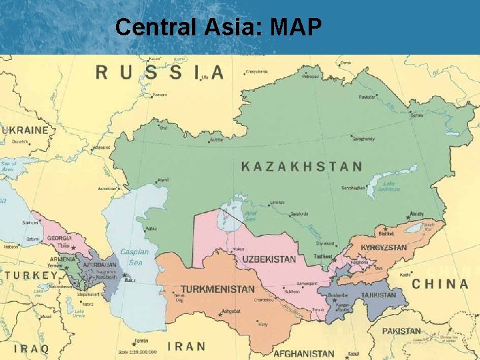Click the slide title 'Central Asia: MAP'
click(x=219, y=27)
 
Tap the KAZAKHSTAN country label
click(x=301, y=167)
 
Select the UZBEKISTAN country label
click(x=269, y=259)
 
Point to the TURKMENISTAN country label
click(x=217, y=289)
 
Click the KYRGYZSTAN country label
click(x=383, y=247)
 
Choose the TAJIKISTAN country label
click(x=378, y=295)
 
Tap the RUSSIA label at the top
click(x=159, y=72)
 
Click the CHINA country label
click(x=440, y=284)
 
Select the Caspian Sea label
click(x=134, y=257)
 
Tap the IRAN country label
click(x=186, y=346)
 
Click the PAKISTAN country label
click(x=401, y=331)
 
